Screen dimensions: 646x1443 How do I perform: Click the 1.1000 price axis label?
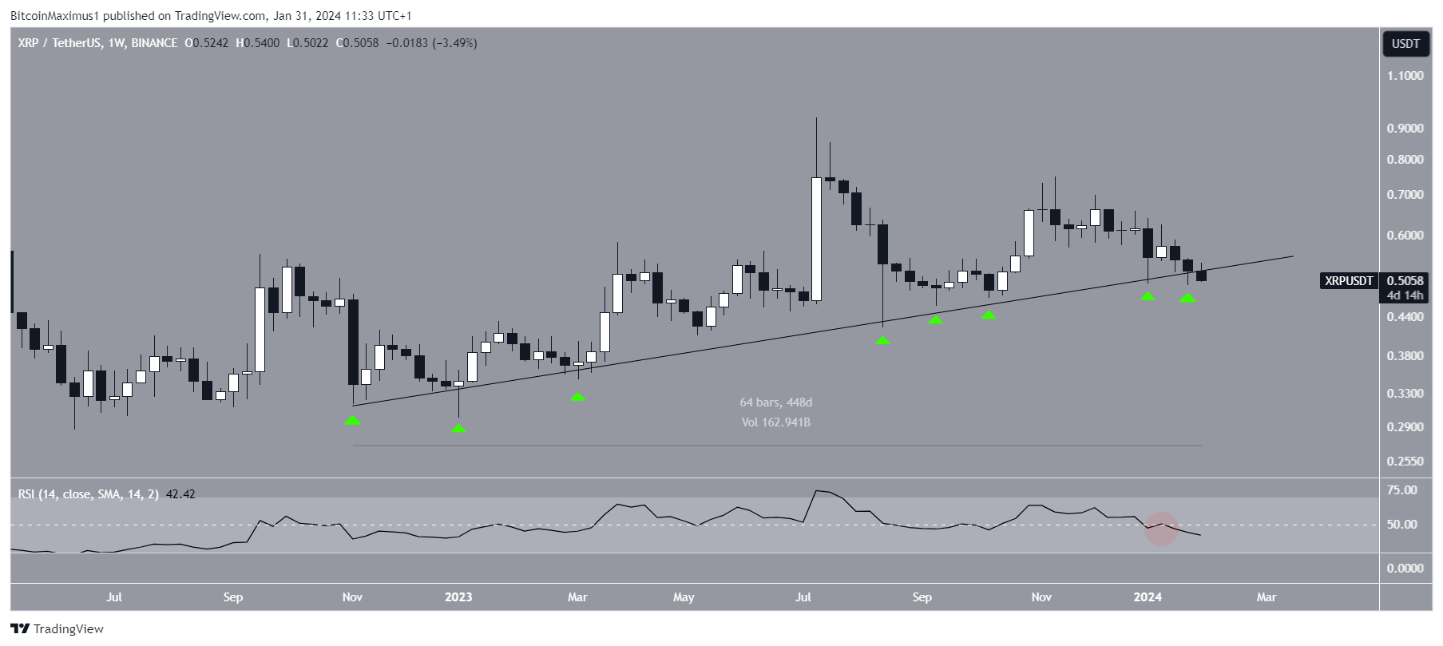tap(1405, 76)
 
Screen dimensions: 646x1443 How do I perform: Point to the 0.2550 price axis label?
tap(1405, 462)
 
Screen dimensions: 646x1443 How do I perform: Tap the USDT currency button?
tap(1405, 44)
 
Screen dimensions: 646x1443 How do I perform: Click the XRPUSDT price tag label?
tap(1349, 280)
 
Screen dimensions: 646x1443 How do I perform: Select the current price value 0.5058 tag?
tap(1405, 280)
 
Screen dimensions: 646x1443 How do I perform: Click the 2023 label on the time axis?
tap(458, 596)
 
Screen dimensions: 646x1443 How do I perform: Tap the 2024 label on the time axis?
tap(1148, 596)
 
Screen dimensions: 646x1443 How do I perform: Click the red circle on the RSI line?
tap(1162, 529)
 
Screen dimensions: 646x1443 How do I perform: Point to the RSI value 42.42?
tap(180, 494)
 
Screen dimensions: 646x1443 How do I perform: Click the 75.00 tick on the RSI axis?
tap(1403, 490)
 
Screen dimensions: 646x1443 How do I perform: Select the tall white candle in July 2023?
tap(816, 240)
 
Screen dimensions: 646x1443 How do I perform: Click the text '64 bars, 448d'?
tap(775, 402)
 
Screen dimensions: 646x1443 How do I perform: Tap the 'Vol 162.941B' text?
tap(775, 422)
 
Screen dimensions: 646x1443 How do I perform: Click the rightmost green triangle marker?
tap(1188, 298)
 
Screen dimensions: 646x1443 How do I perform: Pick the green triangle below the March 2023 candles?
tap(578, 396)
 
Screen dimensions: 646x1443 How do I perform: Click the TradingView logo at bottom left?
tap(57, 628)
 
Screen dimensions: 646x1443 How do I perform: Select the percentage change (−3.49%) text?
tap(454, 43)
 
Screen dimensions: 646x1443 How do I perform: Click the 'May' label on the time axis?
tap(684, 596)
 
